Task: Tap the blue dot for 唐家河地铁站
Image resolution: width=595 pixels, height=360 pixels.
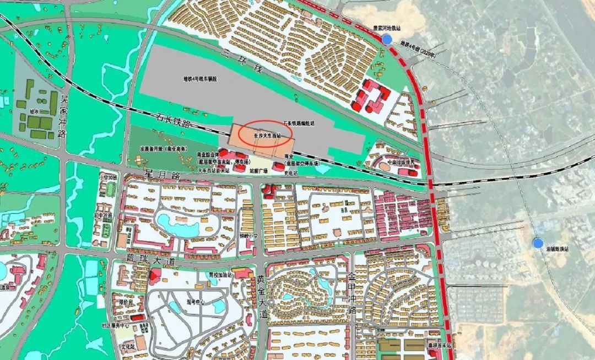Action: coord(387,39)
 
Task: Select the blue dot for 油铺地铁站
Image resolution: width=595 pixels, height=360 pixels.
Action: coord(537,243)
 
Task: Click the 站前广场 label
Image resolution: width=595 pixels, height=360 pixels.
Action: coord(258,171)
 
